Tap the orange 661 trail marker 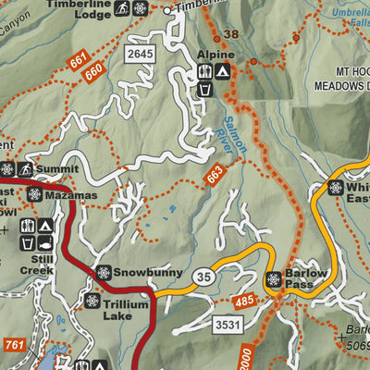[x=78, y=63]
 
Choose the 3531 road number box [x=227, y=325]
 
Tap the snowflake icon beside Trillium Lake [x=92, y=301]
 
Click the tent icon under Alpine [x=223, y=71]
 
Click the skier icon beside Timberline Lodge [x=122, y=9]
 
